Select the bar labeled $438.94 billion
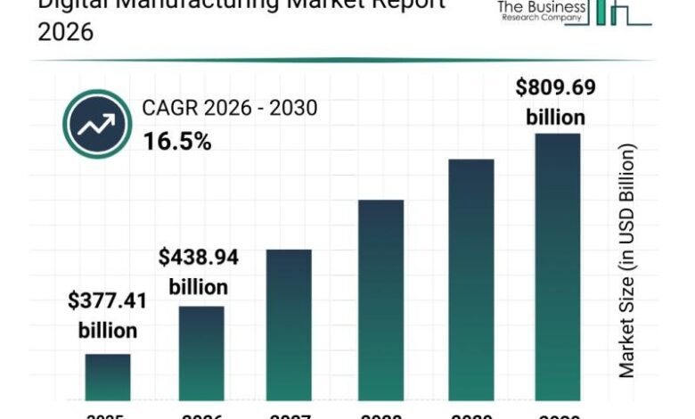tap(200, 352)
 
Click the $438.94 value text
tap(200, 258)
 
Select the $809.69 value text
tap(556, 87)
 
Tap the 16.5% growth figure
tap(177, 141)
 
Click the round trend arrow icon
tap(97, 124)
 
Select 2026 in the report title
tap(65, 33)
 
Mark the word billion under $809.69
tap(556, 117)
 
